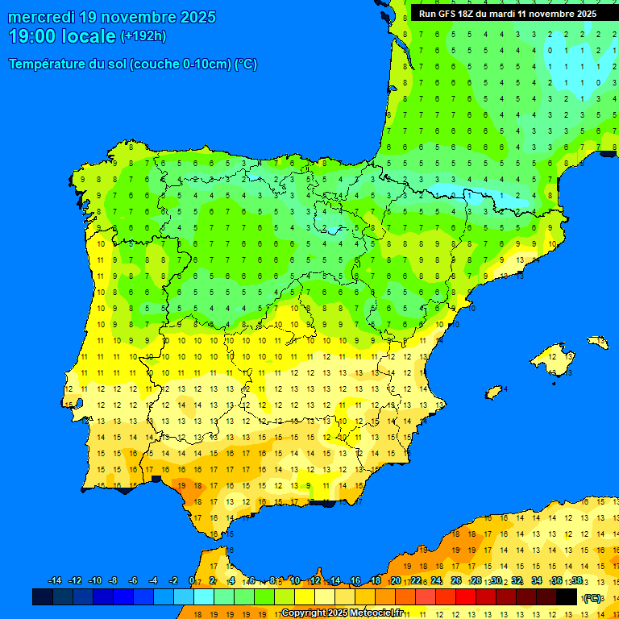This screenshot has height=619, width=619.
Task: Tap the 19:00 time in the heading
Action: [33, 36]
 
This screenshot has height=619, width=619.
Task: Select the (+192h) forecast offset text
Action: [143, 35]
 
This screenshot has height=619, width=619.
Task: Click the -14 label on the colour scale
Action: [55, 581]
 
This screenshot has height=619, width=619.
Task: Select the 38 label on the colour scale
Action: [576, 581]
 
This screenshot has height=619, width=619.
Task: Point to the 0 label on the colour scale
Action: [191, 581]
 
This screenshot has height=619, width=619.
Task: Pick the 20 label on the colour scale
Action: [396, 581]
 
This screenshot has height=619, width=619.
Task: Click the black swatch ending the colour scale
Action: [567, 596]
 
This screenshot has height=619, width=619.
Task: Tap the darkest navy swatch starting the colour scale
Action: [43, 596]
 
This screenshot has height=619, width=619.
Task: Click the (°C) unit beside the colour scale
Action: [592, 598]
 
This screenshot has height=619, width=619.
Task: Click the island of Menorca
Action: [597, 342]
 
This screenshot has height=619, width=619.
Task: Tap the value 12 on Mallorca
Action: [552, 355]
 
